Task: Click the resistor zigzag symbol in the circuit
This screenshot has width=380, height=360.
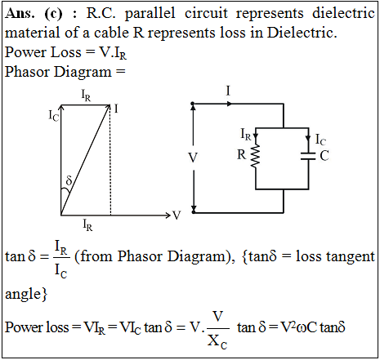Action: [256, 156]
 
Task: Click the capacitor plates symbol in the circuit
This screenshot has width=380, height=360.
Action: [308, 156]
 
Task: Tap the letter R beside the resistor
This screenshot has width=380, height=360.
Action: [242, 154]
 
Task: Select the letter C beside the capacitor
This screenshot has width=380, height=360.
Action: [324, 156]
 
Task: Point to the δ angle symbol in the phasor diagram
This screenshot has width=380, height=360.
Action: [69, 180]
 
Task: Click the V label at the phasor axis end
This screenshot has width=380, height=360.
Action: [177, 216]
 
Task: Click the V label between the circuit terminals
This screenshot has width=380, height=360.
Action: [193, 158]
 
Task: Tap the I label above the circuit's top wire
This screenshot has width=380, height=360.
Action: [228, 91]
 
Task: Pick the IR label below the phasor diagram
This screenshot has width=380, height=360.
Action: [87, 225]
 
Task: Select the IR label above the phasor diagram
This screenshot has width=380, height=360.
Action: [86, 96]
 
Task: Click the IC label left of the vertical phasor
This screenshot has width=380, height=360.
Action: [54, 115]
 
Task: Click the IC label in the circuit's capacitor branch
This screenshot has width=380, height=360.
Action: [320, 140]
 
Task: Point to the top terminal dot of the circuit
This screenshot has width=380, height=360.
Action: [193, 104]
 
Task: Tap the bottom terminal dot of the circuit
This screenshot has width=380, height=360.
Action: [194, 212]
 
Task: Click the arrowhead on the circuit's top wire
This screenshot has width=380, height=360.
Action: [230, 104]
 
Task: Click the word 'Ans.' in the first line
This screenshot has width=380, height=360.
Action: [20, 13]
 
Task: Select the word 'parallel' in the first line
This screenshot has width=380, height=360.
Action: [150, 13]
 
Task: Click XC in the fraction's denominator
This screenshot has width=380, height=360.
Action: [217, 341]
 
